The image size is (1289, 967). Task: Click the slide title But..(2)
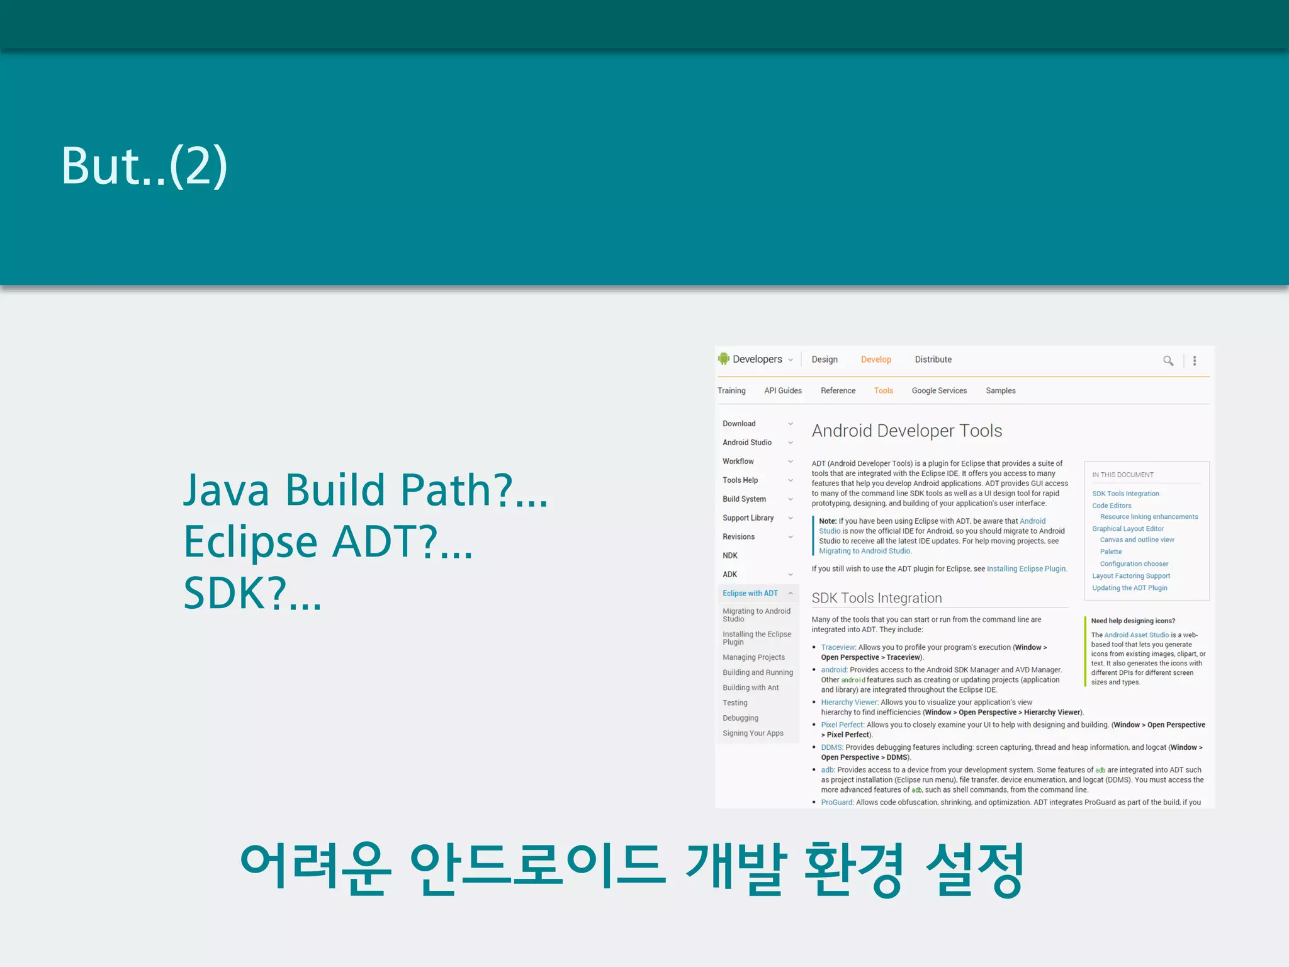click(x=144, y=166)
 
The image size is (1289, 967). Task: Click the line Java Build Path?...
click(x=364, y=490)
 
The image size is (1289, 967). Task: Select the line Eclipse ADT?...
click(x=327, y=541)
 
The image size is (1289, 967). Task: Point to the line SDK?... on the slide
click(x=252, y=593)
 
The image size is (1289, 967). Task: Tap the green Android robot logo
click(x=723, y=359)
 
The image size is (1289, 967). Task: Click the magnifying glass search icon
click(x=1168, y=361)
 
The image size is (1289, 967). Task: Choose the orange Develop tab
click(x=875, y=359)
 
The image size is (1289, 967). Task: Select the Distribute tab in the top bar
click(x=933, y=359)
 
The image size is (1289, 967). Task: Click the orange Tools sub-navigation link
click(x=883, y=391)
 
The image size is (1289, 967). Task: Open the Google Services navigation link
click(x=939, y=391)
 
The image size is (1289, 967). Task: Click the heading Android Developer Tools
click(x=906, y=431)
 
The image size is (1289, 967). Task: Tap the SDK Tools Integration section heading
click(x=876, y=598)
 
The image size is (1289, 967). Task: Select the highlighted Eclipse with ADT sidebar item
click(x=750, y=594)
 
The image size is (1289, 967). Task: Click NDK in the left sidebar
click(x=730, y=556)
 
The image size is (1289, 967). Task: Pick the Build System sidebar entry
click(x=744, y=499)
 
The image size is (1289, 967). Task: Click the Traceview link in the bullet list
click(x=838, y=647)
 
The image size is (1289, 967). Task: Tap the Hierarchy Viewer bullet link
click(x=848, y=703)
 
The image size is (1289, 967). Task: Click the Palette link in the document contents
click(x=1110, y=552)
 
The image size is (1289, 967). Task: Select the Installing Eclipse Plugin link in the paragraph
click(x=1026, y=569)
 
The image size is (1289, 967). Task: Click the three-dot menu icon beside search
click(x=1194, y=361)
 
